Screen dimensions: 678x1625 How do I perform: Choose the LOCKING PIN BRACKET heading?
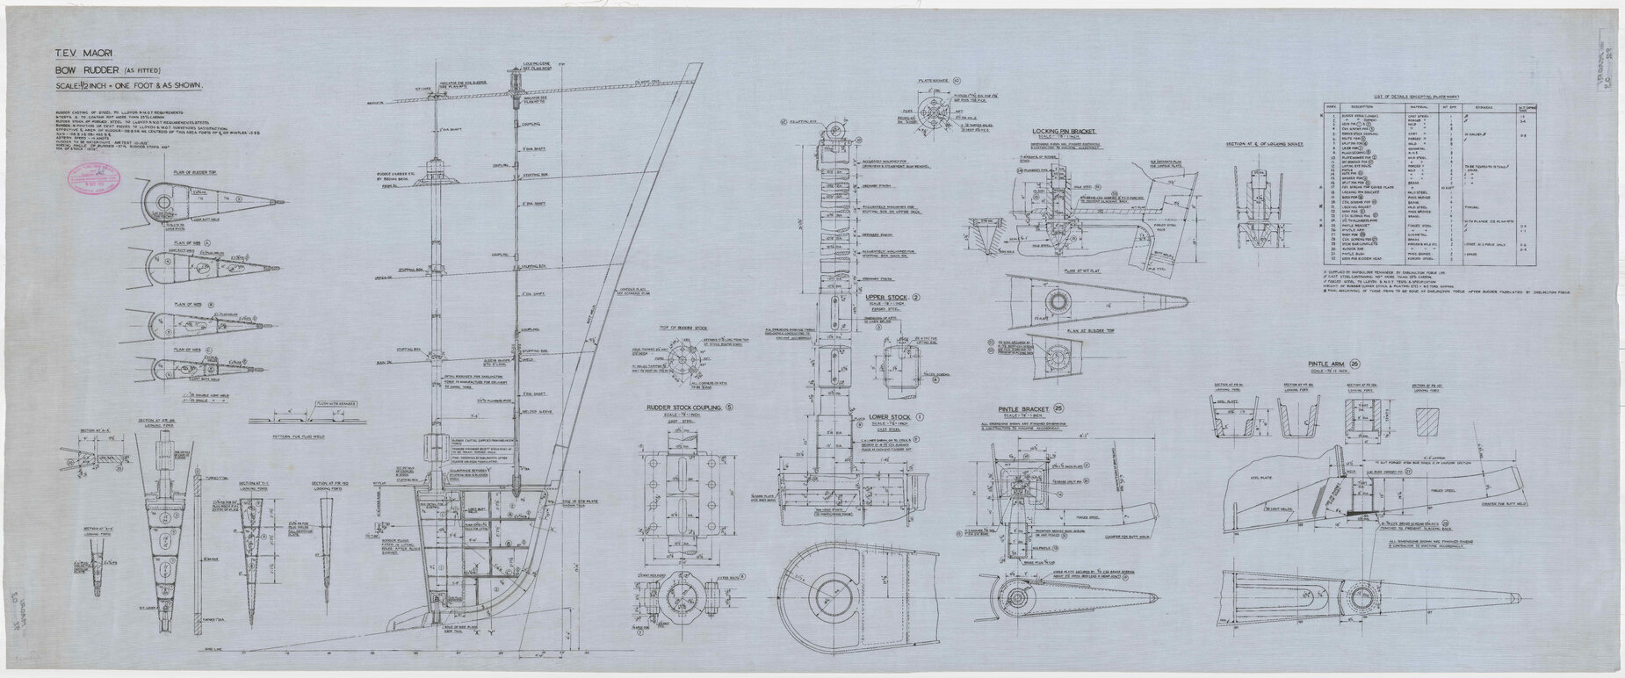coord(1046,131)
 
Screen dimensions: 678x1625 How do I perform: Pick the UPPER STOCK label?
coord(886,298)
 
